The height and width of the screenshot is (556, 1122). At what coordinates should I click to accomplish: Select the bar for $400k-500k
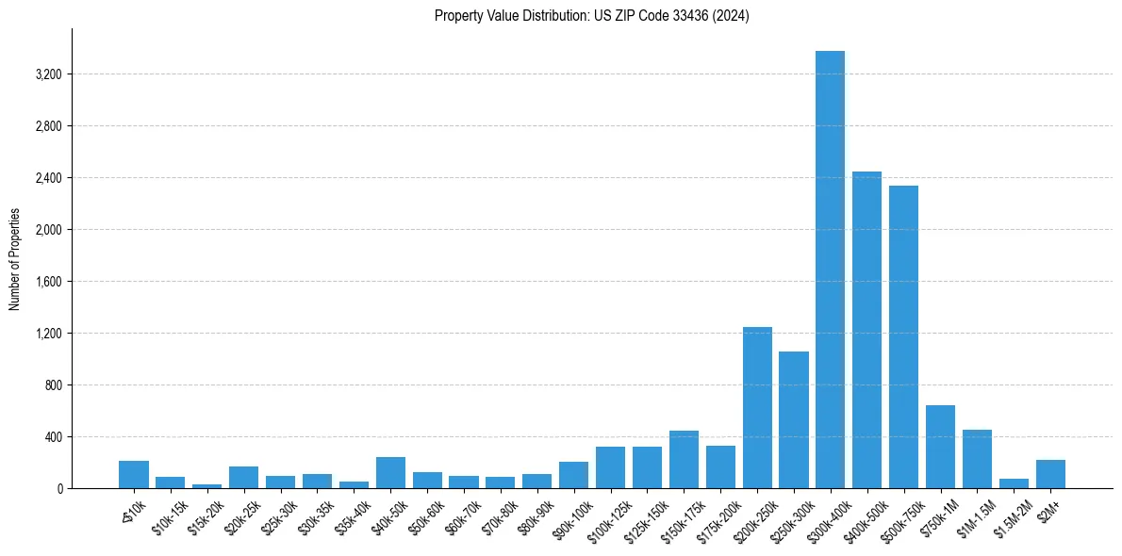click(x=866, y=330)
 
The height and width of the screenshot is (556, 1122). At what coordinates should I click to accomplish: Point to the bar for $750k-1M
click(x=940, y=447)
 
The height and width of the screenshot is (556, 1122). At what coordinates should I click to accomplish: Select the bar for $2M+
click(x=1050, y=474)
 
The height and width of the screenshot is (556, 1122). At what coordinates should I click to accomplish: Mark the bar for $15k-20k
click(x=206, y=485)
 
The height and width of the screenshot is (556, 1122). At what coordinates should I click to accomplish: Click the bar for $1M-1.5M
click(x=977, y=459)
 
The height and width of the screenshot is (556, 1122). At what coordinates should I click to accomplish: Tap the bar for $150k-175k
click(x=684, y=460)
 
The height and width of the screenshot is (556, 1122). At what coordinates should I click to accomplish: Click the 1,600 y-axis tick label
click(x=47, y=282)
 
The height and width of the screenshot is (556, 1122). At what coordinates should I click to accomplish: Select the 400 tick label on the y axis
click(x=52, y=437)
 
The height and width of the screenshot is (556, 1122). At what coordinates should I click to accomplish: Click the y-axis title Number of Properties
click(x=14, y=259)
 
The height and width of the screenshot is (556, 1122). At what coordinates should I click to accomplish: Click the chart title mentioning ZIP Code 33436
click(x=591, y=16)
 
